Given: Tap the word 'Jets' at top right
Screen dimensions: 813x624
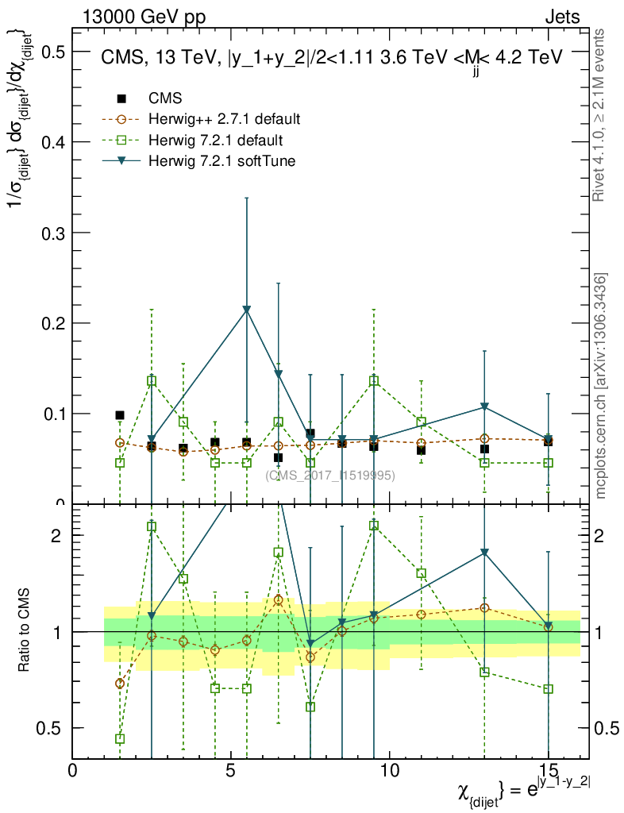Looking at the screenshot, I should (561, 17).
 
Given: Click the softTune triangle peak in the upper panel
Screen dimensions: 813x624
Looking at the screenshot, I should (247, 310).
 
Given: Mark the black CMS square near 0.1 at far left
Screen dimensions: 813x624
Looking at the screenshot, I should (120, 415).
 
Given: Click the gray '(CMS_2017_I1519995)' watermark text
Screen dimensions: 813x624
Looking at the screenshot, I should (330, 475).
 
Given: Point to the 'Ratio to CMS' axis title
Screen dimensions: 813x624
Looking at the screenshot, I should (25, 630).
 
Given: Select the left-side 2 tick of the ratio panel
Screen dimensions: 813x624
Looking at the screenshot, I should (56, 535).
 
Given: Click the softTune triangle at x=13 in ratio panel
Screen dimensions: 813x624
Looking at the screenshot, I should (484, 553).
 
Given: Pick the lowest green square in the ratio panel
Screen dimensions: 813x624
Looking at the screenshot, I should (120, 738).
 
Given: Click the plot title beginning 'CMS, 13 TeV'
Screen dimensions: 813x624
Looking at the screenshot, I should (331, 57).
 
